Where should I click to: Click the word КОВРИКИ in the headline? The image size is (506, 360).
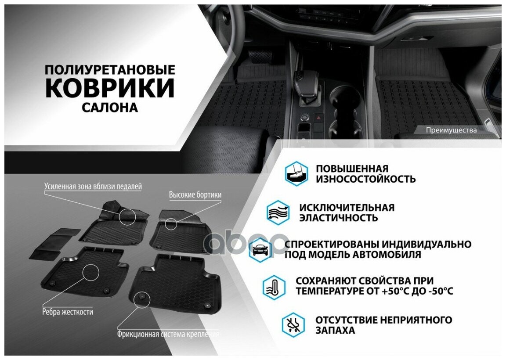110,88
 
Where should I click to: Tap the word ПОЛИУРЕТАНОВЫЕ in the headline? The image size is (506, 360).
110,70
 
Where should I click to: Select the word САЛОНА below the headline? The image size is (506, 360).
110,108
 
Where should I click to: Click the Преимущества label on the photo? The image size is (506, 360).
451,130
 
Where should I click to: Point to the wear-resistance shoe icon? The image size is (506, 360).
296,173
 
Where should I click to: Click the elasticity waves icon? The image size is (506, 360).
278,212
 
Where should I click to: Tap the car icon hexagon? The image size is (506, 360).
260,250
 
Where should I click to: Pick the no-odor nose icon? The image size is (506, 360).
293,324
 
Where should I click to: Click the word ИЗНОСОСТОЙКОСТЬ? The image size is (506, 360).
365,179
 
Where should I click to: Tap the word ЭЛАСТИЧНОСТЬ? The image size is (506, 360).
339,218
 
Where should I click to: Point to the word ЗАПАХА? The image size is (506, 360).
335,331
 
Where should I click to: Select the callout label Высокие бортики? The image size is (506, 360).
195,195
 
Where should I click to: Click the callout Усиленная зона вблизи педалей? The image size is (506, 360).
93,186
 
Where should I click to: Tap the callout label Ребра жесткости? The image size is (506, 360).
68,312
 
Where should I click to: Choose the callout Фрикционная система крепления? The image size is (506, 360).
168,334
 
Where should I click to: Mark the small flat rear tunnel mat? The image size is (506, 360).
55,244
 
